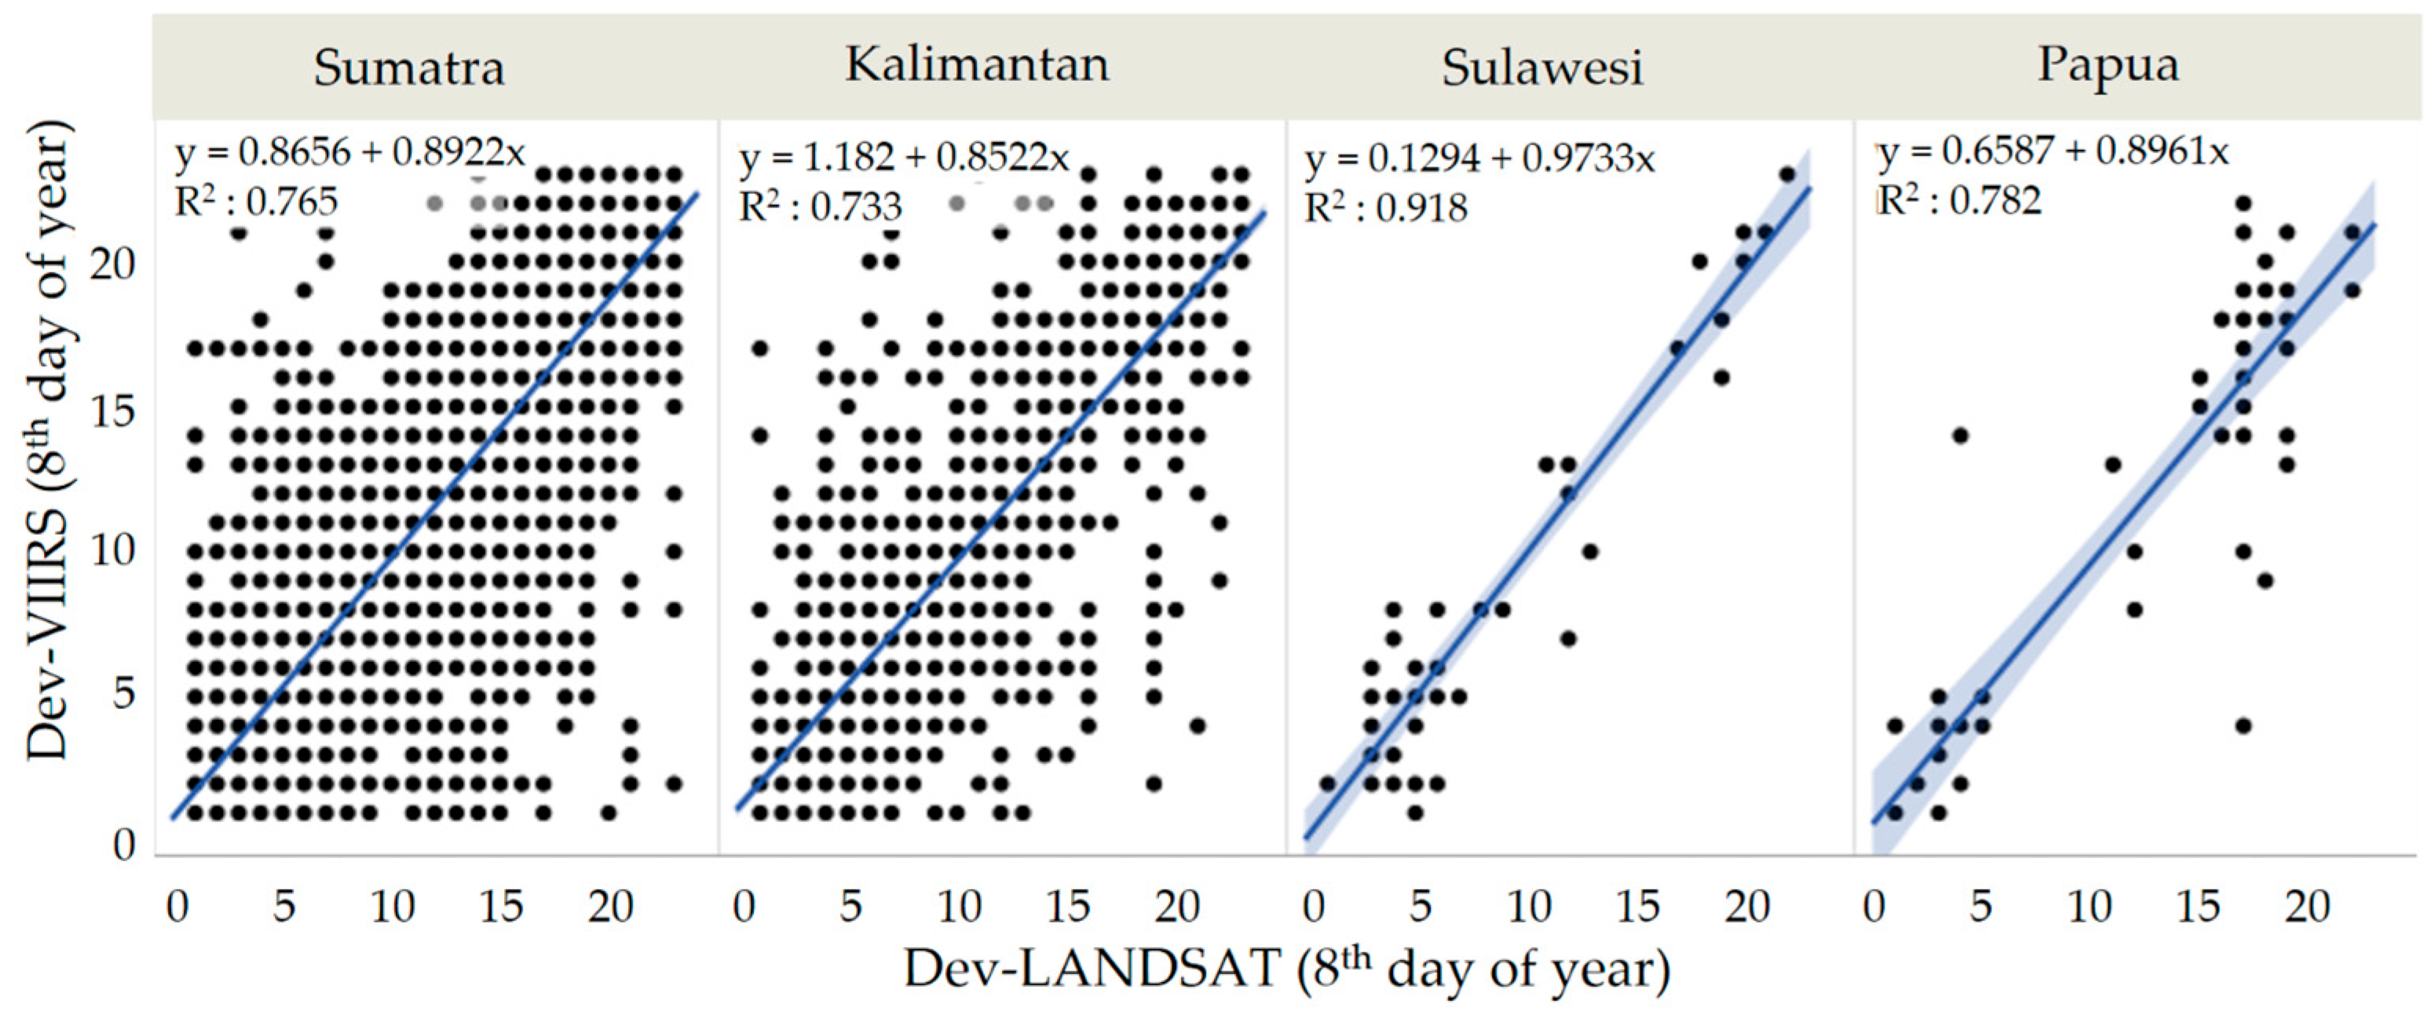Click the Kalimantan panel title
tap(977, 65)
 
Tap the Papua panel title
tap(2107, 66)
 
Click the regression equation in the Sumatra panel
tap(349, 152)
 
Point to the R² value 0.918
tap(1386, 208)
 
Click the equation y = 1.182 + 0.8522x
tap(905, 158)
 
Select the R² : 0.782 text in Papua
tap(1958, 201)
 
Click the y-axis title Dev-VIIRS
tap(47, 440)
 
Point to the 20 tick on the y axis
tap(112, 265)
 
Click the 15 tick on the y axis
tap(112, 412)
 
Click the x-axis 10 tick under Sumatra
tap(393, 908)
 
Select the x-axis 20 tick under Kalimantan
tap(1177, 908)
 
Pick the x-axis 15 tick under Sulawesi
tap(1637, 908)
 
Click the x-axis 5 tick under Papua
tap(1980, 908)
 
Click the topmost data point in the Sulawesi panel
tap(1786, 173)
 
